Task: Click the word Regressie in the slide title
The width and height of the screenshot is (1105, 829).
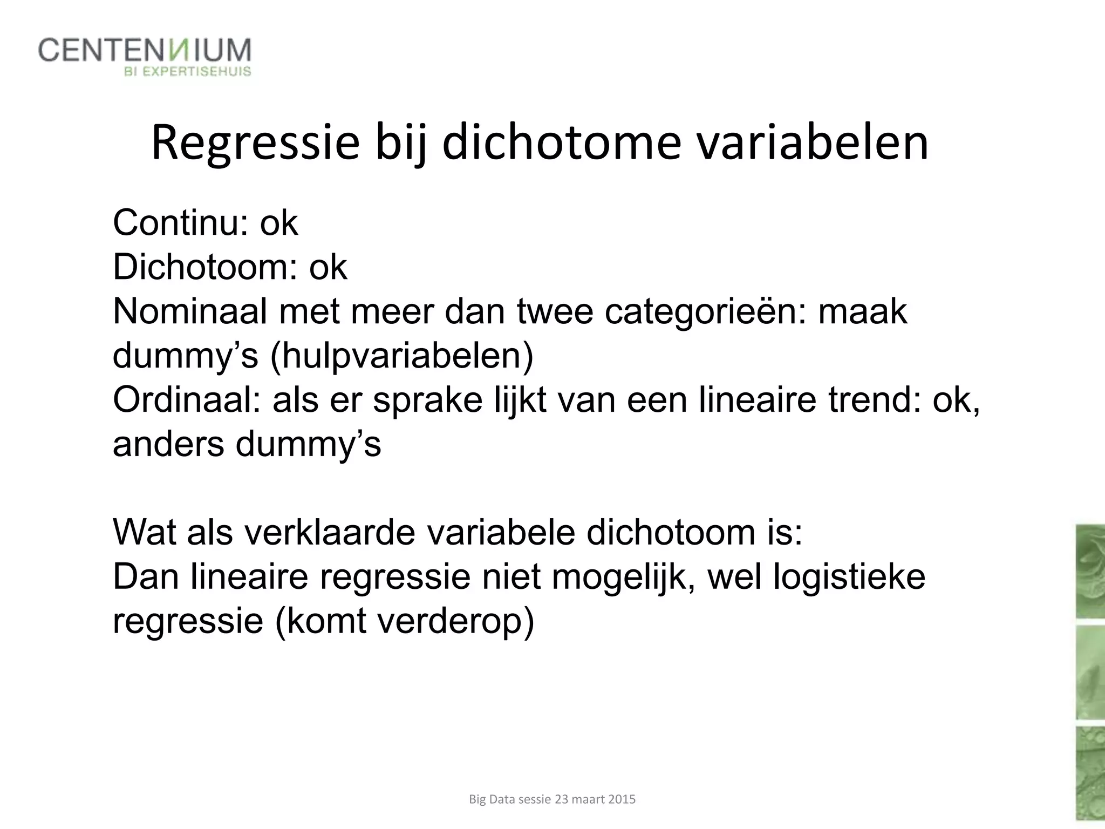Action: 255,143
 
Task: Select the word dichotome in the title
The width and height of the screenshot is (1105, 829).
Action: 562,143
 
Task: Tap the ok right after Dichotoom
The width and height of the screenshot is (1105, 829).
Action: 328,267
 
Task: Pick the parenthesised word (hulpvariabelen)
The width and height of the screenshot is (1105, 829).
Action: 402,357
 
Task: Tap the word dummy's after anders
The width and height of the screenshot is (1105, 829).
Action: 308,445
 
